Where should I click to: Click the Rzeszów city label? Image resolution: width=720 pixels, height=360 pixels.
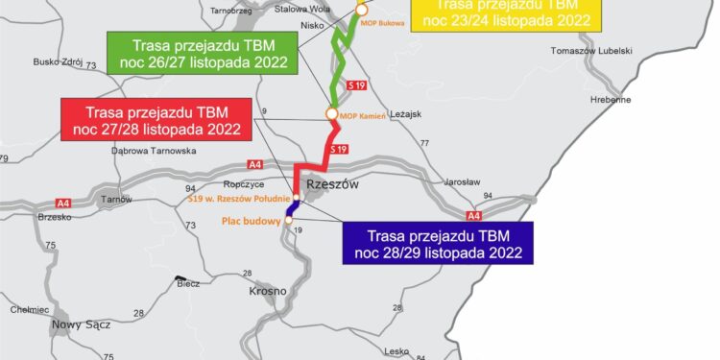(331, 184)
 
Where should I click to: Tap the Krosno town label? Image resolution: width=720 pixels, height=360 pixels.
(268, 290)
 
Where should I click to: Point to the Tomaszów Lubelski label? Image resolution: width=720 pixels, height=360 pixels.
(590, 50)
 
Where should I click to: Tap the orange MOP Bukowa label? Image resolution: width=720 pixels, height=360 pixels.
(386, 21)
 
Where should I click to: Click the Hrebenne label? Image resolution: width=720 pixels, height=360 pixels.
(611, 99)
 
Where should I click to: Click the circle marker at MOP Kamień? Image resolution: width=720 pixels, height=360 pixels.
(332, 113)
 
